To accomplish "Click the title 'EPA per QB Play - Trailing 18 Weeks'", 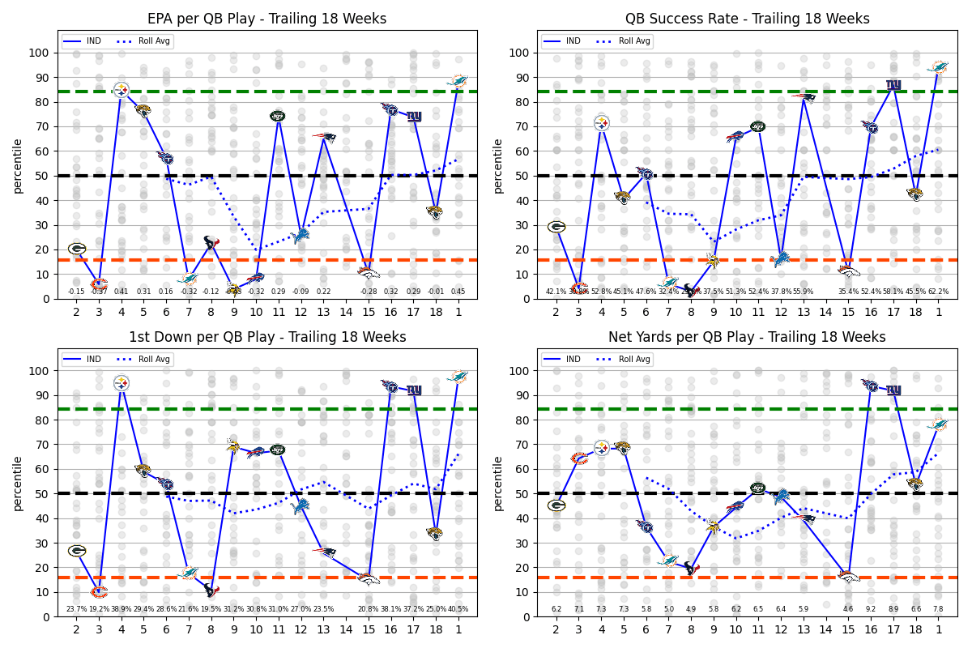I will pos(266,19).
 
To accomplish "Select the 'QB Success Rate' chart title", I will pos(747,19).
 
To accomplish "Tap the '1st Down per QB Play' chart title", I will pos(266,337).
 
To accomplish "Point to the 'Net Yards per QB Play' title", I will pos(747,337).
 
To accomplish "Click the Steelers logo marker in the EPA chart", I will pos(122,89).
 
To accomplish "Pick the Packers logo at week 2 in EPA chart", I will pos(77,249).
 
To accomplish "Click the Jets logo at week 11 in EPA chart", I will pos(278,116).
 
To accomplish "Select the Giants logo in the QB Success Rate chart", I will pos(893,84).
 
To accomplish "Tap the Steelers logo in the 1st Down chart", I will pos(122,382).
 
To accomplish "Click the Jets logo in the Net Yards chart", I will pos(758,488).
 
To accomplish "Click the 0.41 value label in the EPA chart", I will pos(122,292).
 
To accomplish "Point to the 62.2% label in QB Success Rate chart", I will pos(938,292).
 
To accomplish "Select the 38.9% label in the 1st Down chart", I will pos(122,609).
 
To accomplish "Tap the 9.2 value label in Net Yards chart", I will pos(871,609).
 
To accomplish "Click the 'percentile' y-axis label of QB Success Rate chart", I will pos(497,165).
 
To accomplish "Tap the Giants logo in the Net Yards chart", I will pos(893,390).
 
